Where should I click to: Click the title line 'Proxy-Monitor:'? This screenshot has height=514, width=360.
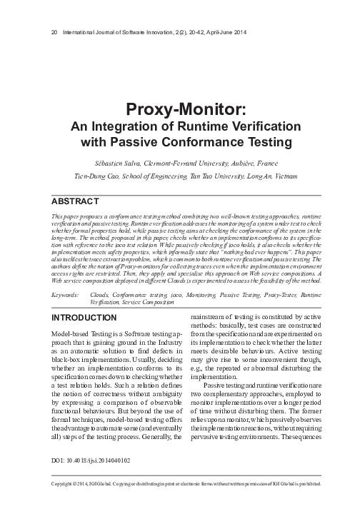point(180,110)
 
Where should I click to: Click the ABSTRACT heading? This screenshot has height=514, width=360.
point(75,200)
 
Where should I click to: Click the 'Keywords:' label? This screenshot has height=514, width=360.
point(66,293)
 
